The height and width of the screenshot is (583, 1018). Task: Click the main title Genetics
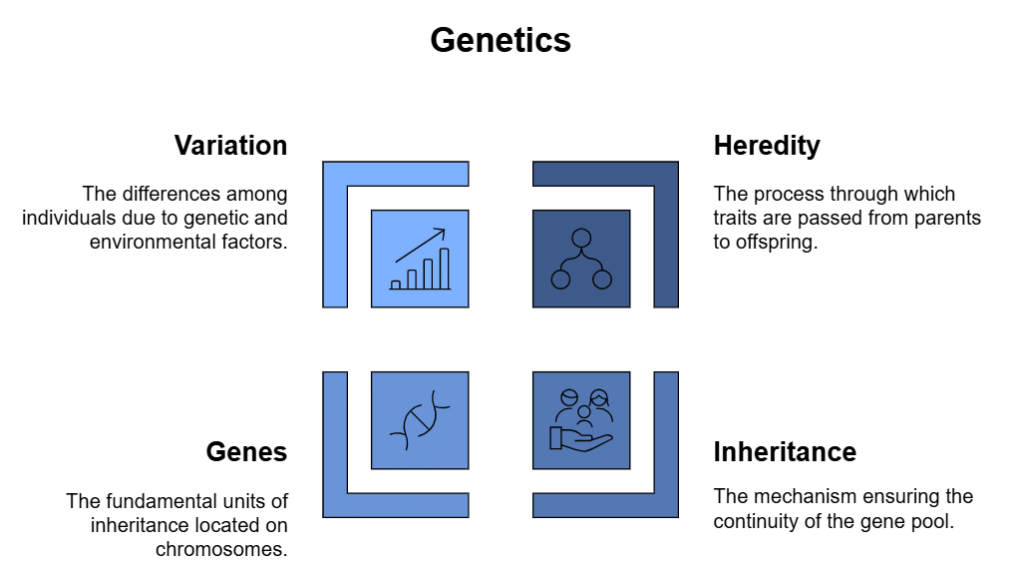[x=501, y=40]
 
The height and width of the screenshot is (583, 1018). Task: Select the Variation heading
[x=230, y=146]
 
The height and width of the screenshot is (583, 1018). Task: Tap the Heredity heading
[x=767, y=146]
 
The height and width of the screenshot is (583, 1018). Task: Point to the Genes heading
[x=246, y=451]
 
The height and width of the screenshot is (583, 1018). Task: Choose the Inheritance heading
[x=785, y=451]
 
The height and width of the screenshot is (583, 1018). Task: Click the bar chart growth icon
[x=420, y=259]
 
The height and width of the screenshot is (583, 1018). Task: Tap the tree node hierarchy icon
[x=581, y=259]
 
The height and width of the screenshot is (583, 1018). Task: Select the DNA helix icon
[x=420, y=420]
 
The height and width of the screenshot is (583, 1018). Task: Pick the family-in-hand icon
[x=581, y=420]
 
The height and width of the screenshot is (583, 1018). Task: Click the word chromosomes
[x=221, y=549]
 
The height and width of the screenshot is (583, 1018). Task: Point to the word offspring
[x=777, y=243]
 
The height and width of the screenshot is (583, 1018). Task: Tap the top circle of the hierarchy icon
[x=581, y=238]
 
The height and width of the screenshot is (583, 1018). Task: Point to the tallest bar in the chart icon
[x=445, y=269]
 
